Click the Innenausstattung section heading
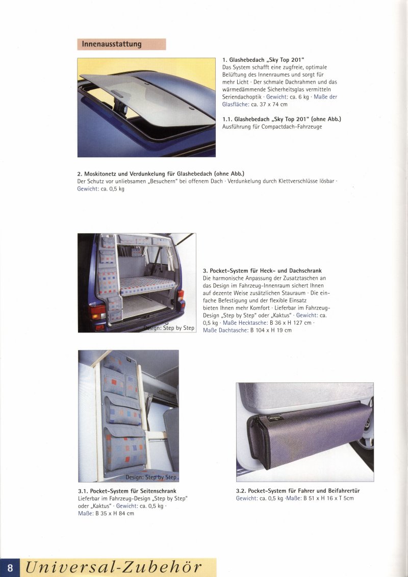pos(112,44)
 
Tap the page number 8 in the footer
pos(10,568)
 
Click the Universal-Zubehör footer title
pos(113,567)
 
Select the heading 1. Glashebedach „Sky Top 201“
pos(264,60)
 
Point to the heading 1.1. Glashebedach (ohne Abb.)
pos(282,119)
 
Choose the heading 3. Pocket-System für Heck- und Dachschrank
pos(262,271)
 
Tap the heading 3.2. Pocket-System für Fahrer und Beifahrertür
pos(298,491)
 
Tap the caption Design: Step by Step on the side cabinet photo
pos(151,477)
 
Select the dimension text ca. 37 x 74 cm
pos(269,104)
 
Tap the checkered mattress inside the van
pos(145,285)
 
